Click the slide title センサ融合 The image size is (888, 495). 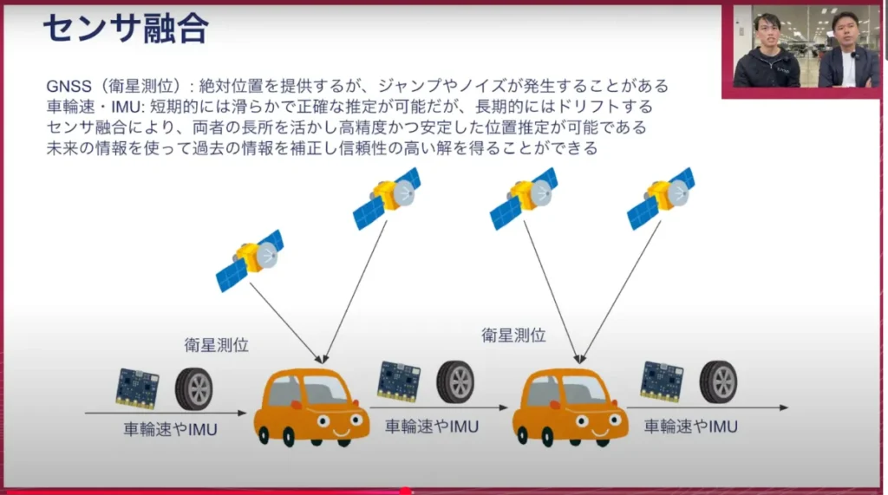point(125,29)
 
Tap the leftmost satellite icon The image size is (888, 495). point(250,259)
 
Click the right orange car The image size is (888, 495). point(569,406)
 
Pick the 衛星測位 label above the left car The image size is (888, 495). point(217,345)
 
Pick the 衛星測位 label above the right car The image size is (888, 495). point(513,335)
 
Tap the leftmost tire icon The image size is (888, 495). point(193,388)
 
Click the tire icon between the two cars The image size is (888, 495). point(454,381)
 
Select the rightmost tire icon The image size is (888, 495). point(718,381)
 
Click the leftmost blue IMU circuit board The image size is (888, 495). point(137,388)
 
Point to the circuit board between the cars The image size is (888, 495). point(399,381)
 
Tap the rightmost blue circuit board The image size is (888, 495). point(662,381)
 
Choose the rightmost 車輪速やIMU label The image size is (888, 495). point(691,427)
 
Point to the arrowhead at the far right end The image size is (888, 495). point(783,407)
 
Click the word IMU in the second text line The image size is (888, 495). point(112,107)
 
